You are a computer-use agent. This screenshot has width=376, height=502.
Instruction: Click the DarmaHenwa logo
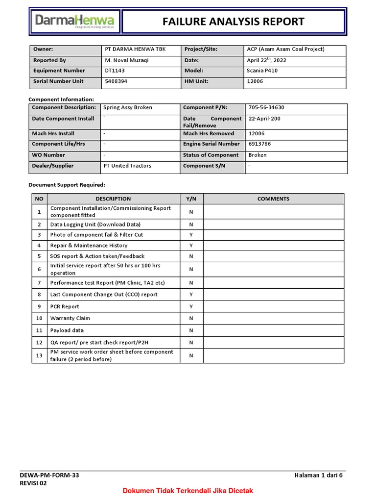(74, 22)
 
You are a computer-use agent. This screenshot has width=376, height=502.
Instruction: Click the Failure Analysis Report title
(233, 22)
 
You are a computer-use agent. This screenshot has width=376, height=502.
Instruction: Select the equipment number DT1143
(116, 71)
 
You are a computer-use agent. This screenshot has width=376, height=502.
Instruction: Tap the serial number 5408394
(116, 81)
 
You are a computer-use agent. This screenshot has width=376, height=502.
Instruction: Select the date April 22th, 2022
(267, 60)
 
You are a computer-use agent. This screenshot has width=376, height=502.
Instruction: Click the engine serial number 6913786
(260, 144)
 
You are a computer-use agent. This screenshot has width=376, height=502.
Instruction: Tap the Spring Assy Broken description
(128, 107)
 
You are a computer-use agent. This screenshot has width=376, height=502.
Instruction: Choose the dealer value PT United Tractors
(127, 166)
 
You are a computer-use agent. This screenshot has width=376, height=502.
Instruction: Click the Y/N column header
(191, 199)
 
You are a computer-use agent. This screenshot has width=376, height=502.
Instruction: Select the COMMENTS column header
(273, 199)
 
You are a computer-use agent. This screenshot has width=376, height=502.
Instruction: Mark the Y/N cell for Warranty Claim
(191, 319)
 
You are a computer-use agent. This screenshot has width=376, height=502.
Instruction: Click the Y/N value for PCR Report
(191, 307)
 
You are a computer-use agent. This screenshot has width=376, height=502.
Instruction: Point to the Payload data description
(67, 330)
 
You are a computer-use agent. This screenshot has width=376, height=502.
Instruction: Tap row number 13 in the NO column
(39, 355)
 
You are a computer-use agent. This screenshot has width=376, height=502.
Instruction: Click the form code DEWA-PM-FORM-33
(49, 475)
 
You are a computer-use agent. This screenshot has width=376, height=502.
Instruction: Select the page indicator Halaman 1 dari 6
(319, 475)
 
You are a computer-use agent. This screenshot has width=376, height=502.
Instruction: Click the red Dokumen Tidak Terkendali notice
(188, 491)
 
